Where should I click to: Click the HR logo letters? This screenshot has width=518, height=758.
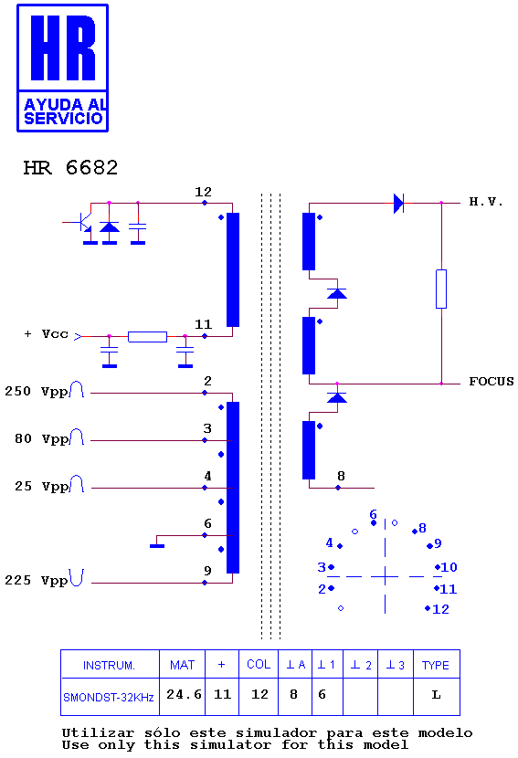pos(63,47)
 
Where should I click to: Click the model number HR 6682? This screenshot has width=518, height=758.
pos(70,168)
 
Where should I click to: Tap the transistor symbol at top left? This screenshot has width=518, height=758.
pos(81,221)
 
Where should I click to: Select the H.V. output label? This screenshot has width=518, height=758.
pos(486,202)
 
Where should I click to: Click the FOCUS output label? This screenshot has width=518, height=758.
pos(491,382)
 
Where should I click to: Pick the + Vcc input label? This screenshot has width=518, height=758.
pos(47,334)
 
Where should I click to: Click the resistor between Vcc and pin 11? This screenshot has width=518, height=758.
pos(147,336)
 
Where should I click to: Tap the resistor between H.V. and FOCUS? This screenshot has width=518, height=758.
pos(441,289)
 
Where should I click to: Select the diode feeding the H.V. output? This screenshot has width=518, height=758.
pos(398,203)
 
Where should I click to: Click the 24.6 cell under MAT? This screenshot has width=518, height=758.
pos(184,695)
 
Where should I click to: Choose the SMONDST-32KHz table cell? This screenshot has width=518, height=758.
pos(109,697)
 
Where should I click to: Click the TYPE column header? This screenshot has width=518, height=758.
pos(436,665)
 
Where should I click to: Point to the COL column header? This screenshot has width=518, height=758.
pos(259,664)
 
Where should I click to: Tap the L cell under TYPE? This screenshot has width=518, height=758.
pos(437,695)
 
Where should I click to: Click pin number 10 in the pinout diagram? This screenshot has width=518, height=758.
pos(449,567)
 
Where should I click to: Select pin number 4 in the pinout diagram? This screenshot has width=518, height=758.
pos(330,542)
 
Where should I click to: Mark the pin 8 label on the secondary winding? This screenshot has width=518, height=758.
pos(341,476)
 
